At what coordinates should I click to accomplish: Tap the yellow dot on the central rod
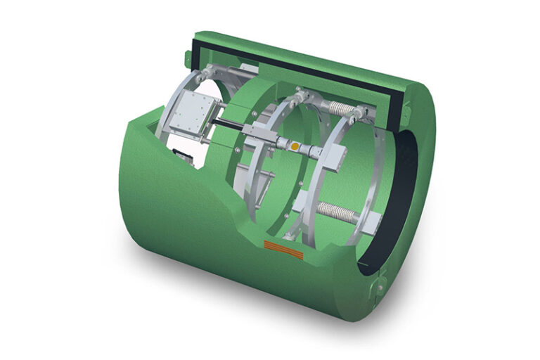[x=296, y=146]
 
